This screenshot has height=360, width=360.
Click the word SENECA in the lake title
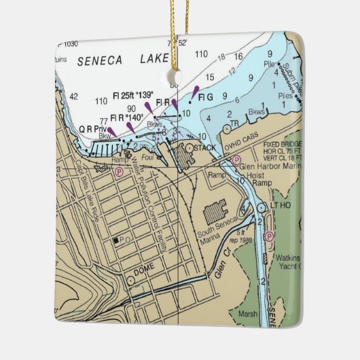tap(100, 60)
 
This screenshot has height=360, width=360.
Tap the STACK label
tap(205, 147)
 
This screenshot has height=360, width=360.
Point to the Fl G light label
tap(206, 97)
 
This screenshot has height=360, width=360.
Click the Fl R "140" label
tap(126, 118)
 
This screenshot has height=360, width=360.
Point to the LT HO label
tap(281, 204)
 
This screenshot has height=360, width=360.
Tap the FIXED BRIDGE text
tap(283, 145)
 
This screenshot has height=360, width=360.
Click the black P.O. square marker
tap(117, 240)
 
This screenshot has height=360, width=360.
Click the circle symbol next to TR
tap(226, 128)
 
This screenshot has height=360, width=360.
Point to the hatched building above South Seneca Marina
tap(216, 213)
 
